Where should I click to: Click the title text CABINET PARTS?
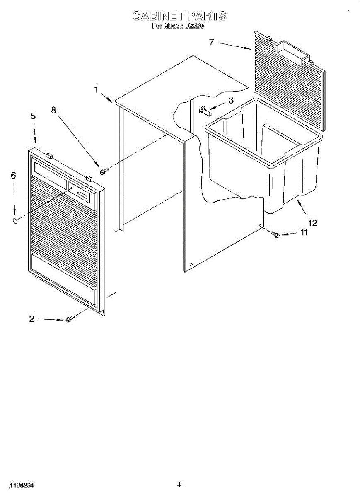(179, 16)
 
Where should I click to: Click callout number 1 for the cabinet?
(96, 89)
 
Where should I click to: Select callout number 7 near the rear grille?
(211, 42)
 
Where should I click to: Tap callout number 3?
(231, 100)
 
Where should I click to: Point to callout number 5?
(33, 116)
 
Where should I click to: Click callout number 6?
(13, 176)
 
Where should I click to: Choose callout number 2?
(32, 319)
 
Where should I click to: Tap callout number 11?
(304, 233)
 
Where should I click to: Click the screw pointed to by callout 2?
(70, 319)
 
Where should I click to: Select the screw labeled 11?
(275, 234)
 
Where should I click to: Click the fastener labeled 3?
(205, 110)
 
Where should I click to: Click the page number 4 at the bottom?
(179, 484)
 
